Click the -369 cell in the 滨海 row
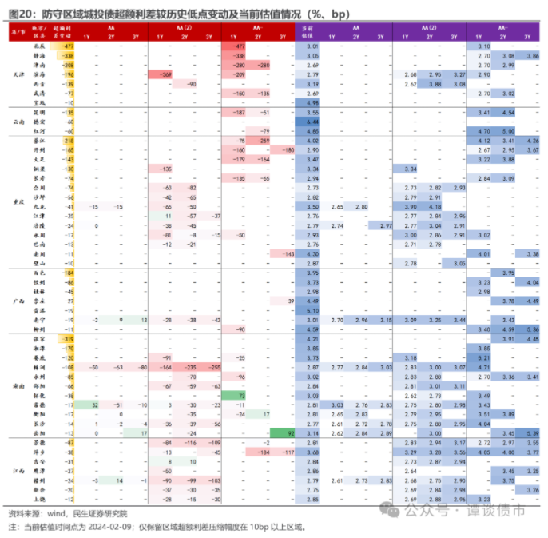[165, 74]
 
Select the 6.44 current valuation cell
[312, 122]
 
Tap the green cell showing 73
[239, 395]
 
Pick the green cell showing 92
[291, 432]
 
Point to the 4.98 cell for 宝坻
[312, 103]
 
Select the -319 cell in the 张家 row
[67, 339]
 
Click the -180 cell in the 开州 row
[288, 150]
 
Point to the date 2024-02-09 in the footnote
[98, 527]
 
